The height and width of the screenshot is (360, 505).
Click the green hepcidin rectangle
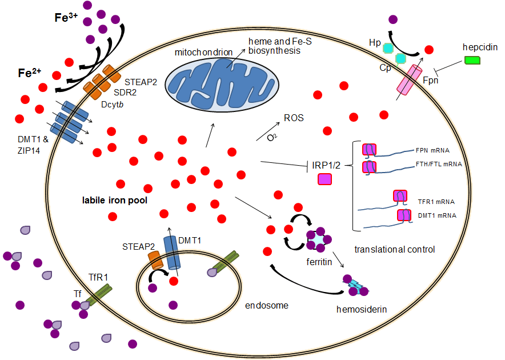pos(472,60)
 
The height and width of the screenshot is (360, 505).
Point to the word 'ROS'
pos(294,119)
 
